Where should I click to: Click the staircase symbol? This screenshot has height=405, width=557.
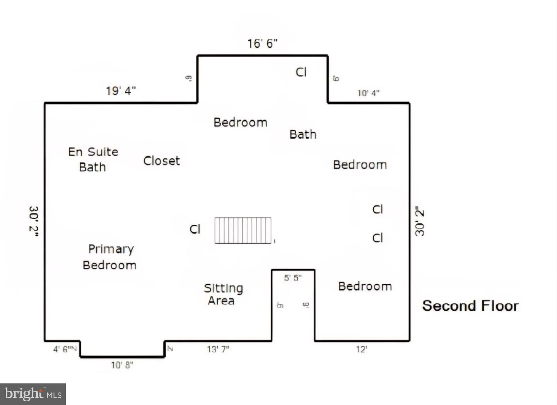243,231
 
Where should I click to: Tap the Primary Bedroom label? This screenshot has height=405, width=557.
110,257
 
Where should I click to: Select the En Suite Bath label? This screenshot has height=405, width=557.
93,159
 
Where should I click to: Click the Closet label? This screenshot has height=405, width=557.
162,161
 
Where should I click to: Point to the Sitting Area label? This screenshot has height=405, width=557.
223,294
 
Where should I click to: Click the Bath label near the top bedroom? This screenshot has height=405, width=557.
303,135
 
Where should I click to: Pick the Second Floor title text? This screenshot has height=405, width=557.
470,306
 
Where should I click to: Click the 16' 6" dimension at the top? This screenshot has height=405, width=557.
263,44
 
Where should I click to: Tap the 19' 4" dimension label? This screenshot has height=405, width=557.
121,91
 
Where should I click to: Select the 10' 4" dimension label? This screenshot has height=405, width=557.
368,93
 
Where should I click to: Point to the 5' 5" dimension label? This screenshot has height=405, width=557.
293,278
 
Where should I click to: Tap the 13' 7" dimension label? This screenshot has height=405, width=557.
218,349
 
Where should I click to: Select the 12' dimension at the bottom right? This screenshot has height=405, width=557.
361,350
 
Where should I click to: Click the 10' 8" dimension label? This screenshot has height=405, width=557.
122,365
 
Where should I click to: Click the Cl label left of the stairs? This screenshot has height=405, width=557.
195,229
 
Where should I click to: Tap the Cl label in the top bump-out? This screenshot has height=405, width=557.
301,72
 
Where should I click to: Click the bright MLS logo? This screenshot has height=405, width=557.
33,394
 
